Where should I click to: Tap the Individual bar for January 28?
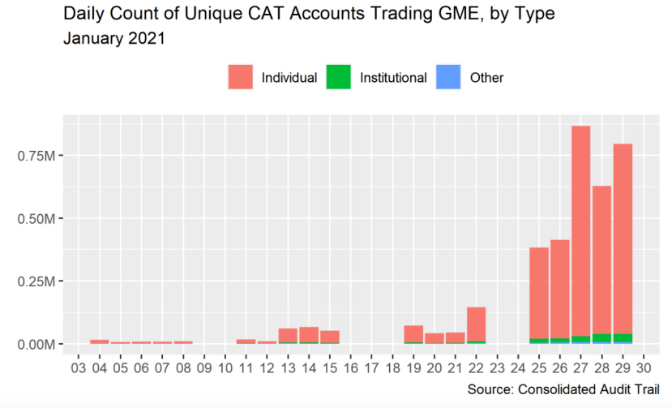click(601, 260)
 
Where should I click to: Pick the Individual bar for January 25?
click(539, 292)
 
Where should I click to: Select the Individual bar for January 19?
click(413, 333)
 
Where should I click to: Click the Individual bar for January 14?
click(309, 334)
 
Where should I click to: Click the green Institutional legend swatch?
click(338, 78)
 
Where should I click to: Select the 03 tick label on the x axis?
click(79, 367)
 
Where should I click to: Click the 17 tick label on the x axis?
click(371, 367)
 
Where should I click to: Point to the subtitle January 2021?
click(113, 37)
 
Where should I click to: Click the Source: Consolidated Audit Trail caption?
click(565, 390)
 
